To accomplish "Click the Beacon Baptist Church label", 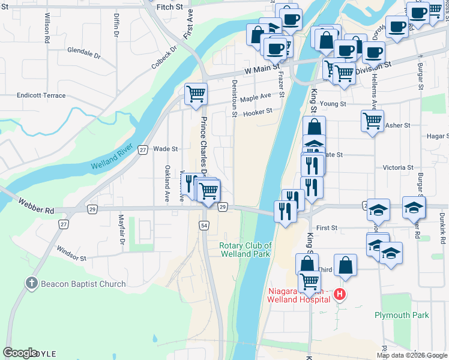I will coord(83,284).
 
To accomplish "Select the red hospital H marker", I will coord(340,294).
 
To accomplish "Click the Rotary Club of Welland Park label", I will coord(245,250).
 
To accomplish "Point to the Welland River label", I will coord(112,158).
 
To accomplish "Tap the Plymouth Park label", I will coord(402,315).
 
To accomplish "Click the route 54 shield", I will coord(205,224).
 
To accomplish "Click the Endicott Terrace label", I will coord(41,95).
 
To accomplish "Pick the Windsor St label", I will coord(71,253).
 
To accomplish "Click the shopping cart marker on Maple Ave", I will coord(196,94).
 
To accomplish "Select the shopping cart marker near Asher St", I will coord(373,121).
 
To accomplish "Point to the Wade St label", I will coord(166,148).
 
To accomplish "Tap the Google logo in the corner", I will coord(20,352).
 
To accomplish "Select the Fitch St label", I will coord(169,7).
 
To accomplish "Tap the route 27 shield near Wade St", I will coord(142,150).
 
